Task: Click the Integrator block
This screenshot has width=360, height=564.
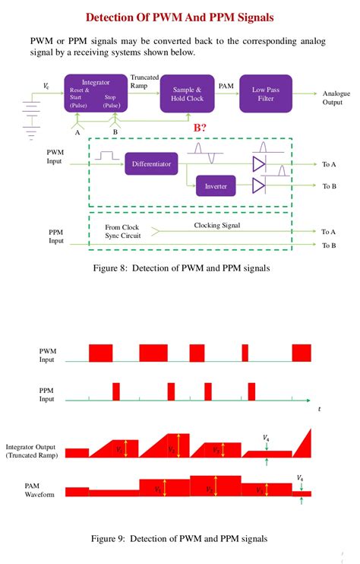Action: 95,93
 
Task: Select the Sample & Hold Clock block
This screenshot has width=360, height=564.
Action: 187,93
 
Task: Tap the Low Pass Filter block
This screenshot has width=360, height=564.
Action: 265,93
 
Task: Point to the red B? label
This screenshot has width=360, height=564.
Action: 201,128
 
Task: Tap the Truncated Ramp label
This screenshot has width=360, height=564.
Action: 144,81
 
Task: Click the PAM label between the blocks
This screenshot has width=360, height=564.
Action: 226,87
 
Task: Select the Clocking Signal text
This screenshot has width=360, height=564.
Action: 216,226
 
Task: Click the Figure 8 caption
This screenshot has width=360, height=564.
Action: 180,268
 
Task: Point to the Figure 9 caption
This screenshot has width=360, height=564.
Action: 179,539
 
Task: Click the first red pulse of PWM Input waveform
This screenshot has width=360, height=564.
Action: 100,353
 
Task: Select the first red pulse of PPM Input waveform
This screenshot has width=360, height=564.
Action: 116,391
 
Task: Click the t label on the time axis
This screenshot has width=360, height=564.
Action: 320,409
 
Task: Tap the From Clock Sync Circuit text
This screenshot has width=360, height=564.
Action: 122,231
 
